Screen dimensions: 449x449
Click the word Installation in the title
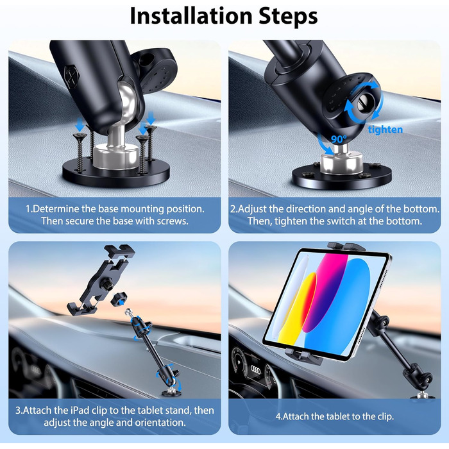click(192, 16)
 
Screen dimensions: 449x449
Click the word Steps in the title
click(289, 16)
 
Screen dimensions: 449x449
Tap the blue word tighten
click(385, 130)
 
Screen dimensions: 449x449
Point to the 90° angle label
click(339, 139)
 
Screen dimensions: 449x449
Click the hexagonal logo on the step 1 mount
click(72, 74)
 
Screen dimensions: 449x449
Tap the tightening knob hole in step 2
click(364, 105)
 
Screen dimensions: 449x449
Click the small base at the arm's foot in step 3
click(172, 392)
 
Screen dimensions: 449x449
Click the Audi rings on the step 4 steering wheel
click(255, 370)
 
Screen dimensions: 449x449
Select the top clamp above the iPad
click(346, 246)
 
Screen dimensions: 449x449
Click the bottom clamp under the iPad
click(303, 356)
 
